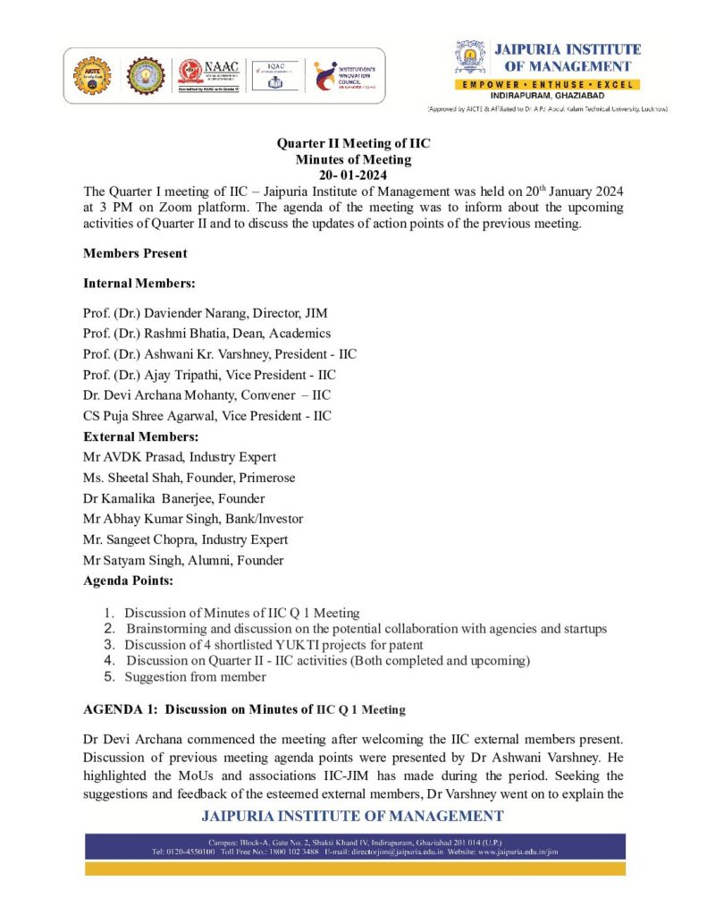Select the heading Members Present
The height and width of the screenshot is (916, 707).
coord(135,253)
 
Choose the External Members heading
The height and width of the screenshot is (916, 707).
coord(140,437)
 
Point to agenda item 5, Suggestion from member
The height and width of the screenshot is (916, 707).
coord(195,677)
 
